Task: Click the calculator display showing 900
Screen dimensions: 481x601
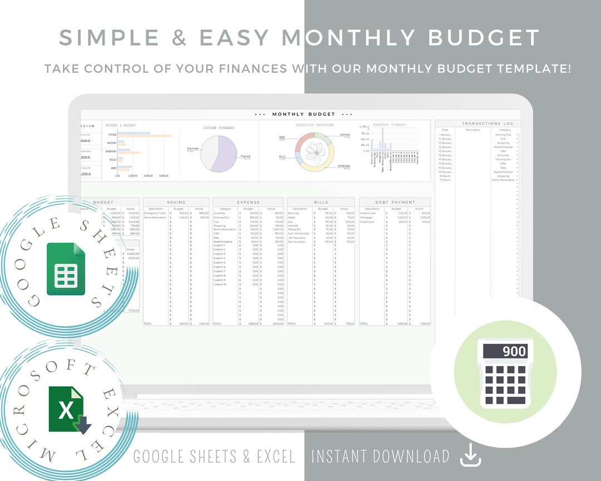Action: pyautogui.click(x=505, y=351)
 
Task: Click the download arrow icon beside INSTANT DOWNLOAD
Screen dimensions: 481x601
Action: pyautogui.click(x=470, y=457)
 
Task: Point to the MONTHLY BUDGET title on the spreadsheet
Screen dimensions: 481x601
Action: pyautogui.click(x=304, y=114)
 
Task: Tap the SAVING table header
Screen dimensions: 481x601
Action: pyautogui.click(x=176, y=202)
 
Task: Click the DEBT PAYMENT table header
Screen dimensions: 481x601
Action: pyautogui.click(x=395, y=202)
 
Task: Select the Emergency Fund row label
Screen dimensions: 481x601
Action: pyautogui.click(x=154, y=213)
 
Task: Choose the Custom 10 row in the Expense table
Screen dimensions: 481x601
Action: pyautogui.click(x=220, y=284)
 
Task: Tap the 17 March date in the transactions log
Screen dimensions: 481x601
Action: pyautogui.click(x=445, y=180)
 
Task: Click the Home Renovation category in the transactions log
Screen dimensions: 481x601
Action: pyautogui.click(x=503, y=180)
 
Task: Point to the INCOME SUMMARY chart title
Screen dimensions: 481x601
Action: pyautogui.click(x=219, y=128)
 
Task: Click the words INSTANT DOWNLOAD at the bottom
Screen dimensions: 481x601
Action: pyautogui.click(x=380, y=457)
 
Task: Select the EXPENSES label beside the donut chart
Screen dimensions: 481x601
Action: pyautogui.click(x=344, y=166)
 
